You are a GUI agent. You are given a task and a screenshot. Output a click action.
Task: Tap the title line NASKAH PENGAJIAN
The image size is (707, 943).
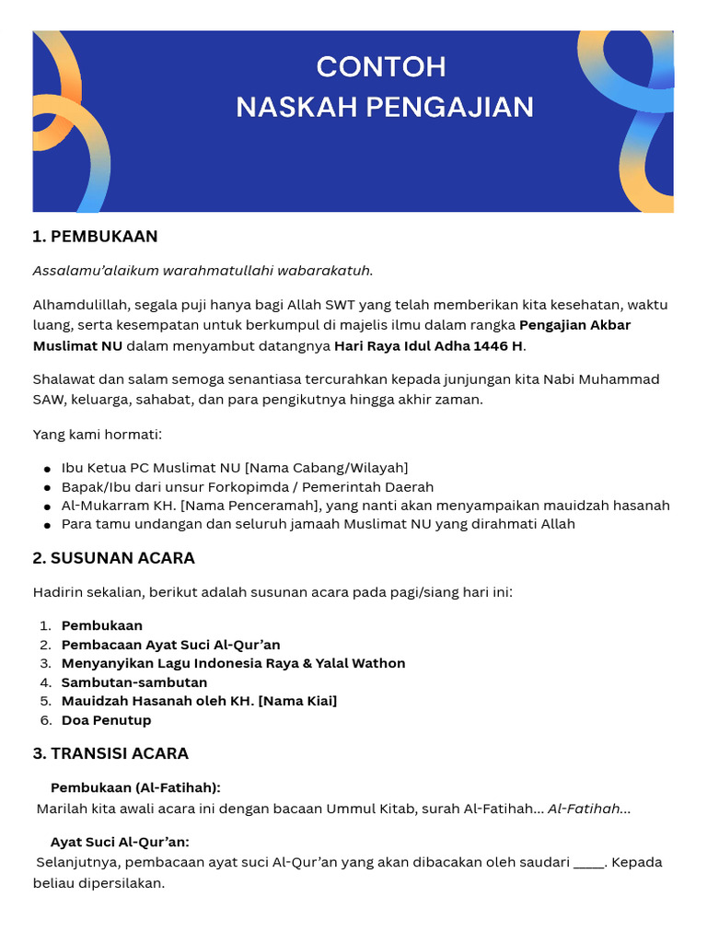click(x=385, y=107)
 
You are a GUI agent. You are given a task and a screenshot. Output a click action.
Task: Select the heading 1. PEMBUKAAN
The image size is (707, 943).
click(x=95, y=237)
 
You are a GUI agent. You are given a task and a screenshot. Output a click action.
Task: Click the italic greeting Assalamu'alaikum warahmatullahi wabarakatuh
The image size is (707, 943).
click(x=203, y=270)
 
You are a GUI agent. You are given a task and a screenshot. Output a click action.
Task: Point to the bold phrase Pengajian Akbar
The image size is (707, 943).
click(x=575, y=324)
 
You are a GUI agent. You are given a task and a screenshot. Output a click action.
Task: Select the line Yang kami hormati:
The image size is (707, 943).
click(x=97, y=434)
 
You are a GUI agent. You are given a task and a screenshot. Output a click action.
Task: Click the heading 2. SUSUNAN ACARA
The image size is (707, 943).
click(x=113, y=558)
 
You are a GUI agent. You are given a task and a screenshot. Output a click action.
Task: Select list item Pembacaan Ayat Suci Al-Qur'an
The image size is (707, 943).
click(x=170, y=645)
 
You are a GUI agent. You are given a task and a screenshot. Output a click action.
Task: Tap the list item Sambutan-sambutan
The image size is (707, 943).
click(x=134, y=682)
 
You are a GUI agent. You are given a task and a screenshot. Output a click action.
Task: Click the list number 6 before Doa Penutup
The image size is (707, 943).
click(x=44, y=720)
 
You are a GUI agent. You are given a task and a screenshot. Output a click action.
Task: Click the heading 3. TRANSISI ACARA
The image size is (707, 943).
click(x=110, y=753)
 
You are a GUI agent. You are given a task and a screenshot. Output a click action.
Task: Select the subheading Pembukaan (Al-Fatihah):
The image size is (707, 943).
click(x=135, y=787)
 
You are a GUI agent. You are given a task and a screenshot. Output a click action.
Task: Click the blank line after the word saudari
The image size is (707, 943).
click(x=588, y=863)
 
